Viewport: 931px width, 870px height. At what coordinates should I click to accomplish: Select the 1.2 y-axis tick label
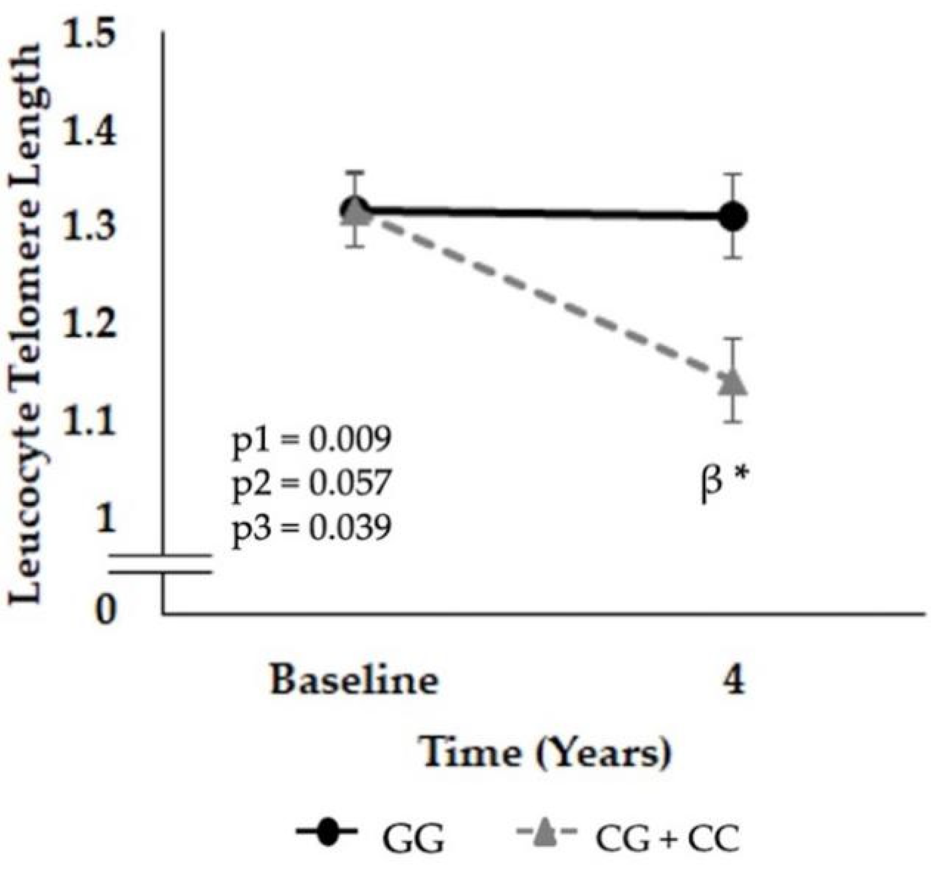tap(89, 323)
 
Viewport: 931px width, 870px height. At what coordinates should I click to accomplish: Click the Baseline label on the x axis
tap(354, 680)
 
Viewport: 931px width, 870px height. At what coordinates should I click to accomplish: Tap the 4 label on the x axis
tap(734, 680)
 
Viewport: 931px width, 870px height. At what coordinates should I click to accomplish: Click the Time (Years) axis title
tap(546, 752)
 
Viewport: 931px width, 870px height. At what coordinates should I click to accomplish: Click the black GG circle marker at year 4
tap(734, 216)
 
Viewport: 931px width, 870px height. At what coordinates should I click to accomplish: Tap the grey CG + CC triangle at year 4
tap(734, 383)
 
